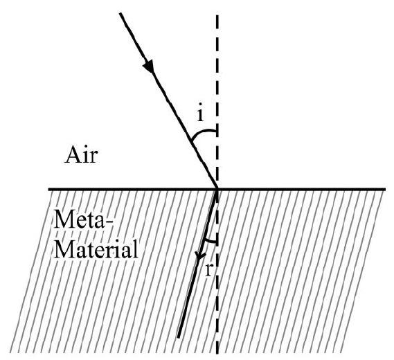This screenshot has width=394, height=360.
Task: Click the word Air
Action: point(81,156)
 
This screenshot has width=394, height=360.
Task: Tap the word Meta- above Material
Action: point(83,219)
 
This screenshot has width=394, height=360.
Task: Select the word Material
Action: point(96,249)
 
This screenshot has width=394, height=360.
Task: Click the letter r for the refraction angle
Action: point(208,270)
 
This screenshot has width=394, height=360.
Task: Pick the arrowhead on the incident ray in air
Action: point(148,66)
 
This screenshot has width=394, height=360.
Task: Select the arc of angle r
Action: point(210,241)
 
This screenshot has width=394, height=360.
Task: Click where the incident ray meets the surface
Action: point(217,189)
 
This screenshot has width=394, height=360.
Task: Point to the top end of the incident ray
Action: point(120,13)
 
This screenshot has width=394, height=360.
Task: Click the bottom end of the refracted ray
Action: point(178,337)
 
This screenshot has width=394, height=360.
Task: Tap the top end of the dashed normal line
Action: point(217,15)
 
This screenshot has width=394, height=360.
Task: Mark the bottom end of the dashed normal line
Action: point(217,353)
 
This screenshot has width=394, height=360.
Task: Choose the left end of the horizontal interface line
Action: point(48,189)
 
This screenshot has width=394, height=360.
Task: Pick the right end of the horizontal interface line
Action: point(386,189)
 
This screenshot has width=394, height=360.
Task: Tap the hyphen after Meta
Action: point(109,222)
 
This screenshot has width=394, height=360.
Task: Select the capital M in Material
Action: point(63,249)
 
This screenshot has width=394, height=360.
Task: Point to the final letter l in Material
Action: point(136,249)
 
